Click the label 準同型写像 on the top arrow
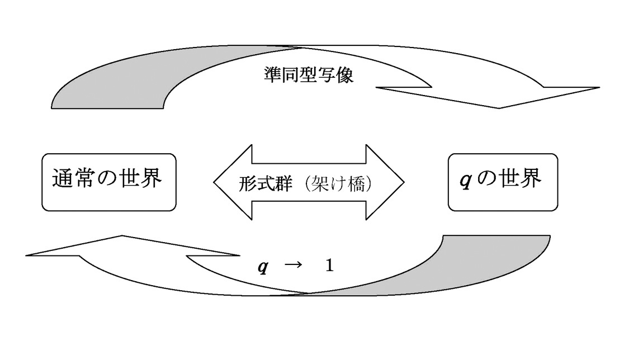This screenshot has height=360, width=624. point(308,74)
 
